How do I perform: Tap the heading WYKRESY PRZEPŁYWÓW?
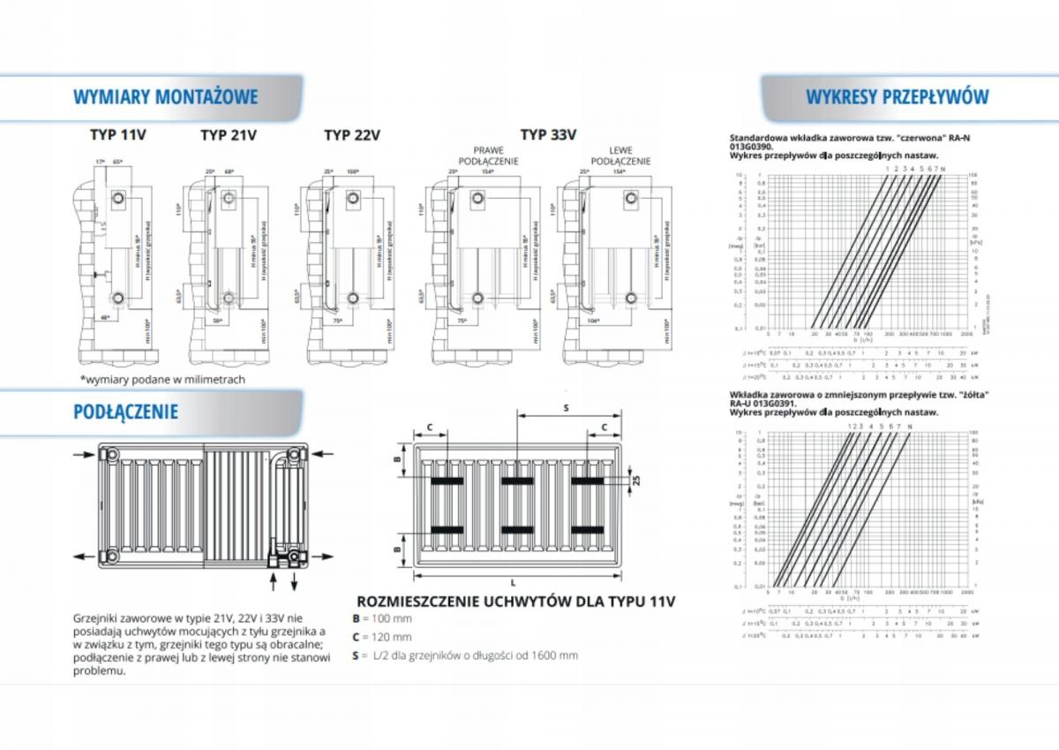click(x=897, y=96)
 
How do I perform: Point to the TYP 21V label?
click(x=229, y=135)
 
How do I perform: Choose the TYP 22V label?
click(x=352, y=135)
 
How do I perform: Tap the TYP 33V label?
click(x=548, y=134)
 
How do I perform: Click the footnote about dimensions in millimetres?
click(x=161, y=379)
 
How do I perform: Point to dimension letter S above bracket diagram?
click(x=565, y=407)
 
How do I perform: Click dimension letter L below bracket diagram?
click(x=513, y=582)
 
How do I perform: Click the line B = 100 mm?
click(x=382, y=618)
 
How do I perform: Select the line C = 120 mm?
click(x=382, y=637)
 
